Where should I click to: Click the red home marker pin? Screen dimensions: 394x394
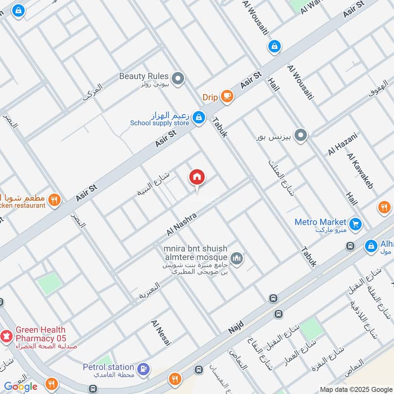197,177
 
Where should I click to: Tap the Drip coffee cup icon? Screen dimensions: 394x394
227,97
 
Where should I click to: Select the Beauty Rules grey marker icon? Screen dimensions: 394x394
179,78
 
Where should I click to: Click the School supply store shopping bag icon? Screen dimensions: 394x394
199,117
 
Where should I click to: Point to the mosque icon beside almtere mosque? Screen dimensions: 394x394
237,259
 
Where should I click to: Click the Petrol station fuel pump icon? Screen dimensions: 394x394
143,368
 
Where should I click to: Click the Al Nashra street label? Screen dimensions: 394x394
182,224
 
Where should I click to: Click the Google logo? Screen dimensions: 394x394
21,387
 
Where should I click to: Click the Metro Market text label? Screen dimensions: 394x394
320,222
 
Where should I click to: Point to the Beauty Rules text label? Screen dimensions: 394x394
144,76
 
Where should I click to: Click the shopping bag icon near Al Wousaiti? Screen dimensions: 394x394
274,47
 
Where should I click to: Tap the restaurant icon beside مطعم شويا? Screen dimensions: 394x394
55,200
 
